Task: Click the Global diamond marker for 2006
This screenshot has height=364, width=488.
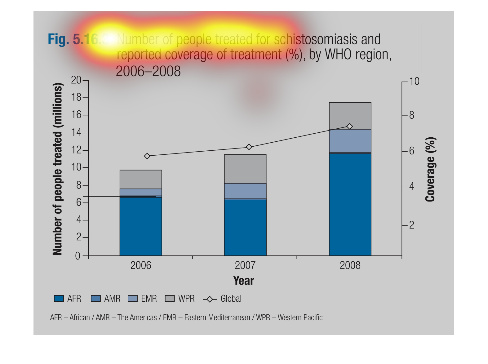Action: [147, 156]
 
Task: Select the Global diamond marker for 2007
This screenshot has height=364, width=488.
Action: [249, 147]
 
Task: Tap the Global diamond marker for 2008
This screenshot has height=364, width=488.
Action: [350, 126]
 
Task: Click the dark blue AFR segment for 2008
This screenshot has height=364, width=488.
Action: [350, 205]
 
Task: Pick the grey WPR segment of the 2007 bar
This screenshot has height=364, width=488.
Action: [245, 169]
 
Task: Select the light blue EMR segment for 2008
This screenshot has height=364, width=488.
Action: [350, 141]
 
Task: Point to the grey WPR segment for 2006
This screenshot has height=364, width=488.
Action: [141, 179]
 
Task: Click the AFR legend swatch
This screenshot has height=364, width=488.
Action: [59, 299]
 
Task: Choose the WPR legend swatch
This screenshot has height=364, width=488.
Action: [170, 299]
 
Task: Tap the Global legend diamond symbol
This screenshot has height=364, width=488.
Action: [210, 299]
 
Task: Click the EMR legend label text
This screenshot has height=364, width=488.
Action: [149, 299]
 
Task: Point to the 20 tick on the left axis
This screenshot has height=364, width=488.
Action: [76, 80]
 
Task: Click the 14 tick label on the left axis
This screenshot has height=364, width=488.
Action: [76, 133]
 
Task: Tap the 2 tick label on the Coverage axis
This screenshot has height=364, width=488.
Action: [411, 225]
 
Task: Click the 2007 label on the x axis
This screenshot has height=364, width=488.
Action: [245, 265]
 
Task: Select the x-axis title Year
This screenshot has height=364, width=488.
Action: [244, 281]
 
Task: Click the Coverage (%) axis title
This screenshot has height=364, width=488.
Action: [430, 169]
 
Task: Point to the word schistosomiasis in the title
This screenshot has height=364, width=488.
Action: [316, 39]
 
